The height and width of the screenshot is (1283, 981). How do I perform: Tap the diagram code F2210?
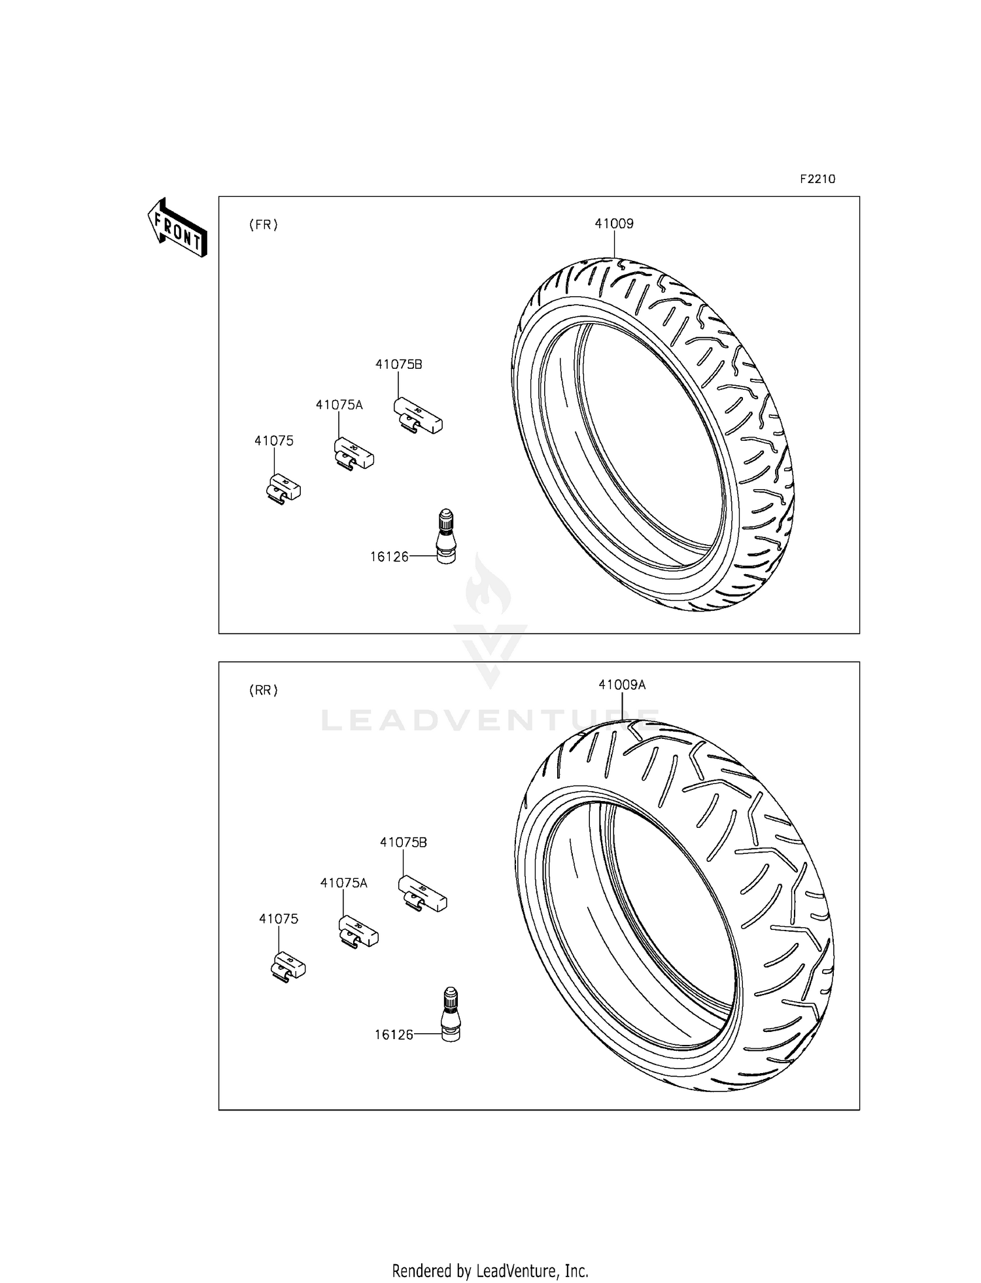point(817,179)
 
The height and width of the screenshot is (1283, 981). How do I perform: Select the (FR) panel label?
point(264,225)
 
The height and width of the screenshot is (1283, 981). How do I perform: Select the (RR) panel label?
point(264,691)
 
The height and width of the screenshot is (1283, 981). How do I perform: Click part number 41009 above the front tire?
point(614,224)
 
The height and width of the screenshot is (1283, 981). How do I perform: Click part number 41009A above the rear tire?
point(622,685)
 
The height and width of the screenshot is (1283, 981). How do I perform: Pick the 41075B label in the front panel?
point(398,364)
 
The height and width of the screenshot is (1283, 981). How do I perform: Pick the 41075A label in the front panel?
point(339,405)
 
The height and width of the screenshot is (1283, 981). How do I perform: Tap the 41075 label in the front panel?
point(274,441)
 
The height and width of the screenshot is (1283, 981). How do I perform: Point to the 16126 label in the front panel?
point(389,556)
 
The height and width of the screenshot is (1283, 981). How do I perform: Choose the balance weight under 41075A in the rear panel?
point(358,931)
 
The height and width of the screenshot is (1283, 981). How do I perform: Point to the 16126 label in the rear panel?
point(394,1035)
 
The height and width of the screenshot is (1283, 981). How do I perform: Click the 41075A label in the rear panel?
point(344,883)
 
